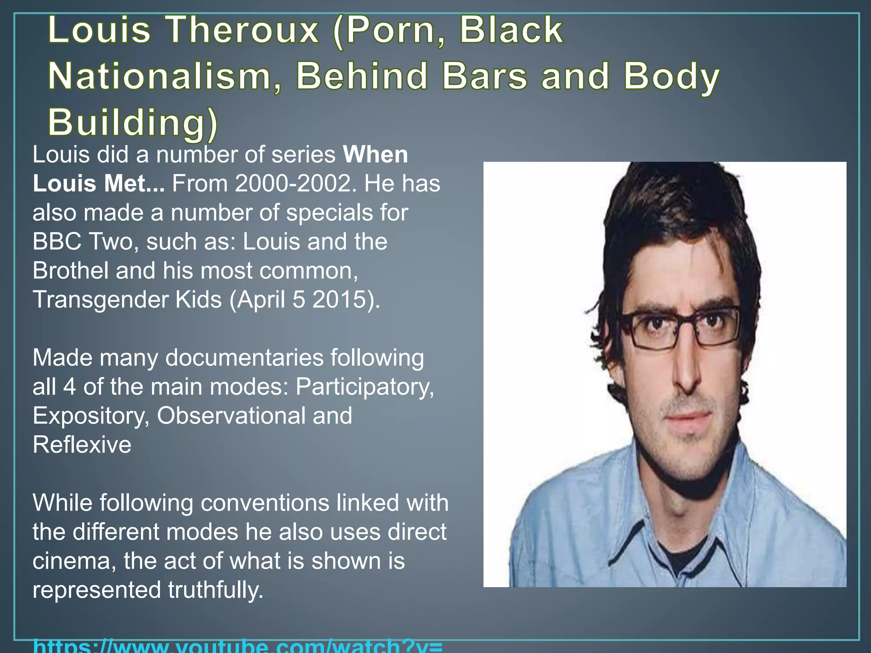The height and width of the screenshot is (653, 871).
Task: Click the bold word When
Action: click(376, 155)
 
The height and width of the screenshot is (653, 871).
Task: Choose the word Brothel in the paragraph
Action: click(71, 271)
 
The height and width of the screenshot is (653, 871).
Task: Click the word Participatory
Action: click(365, 387)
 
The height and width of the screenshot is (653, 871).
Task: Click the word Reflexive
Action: click(82, 445)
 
